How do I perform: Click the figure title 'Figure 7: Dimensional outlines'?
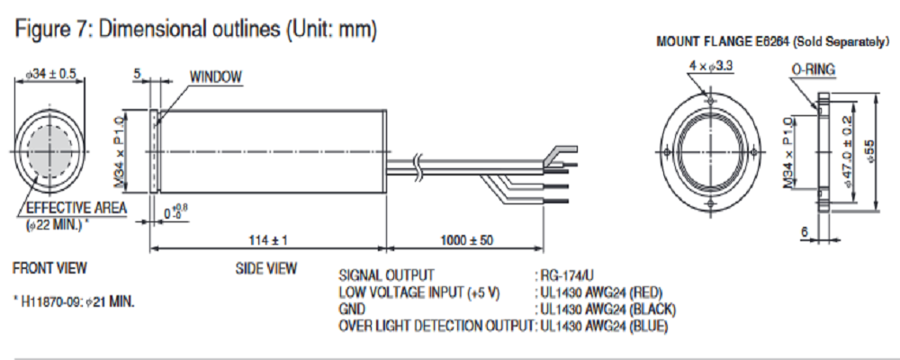[194, 29]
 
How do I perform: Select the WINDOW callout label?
[215, 77]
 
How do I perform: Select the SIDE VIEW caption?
[265, 268]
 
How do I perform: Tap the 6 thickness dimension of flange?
[803, 231]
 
